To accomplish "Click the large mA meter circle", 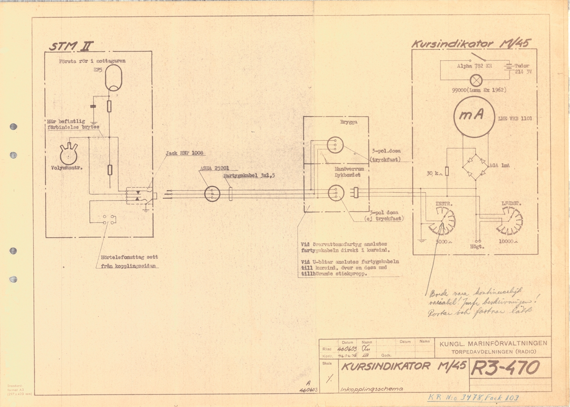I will [x=475, y=116].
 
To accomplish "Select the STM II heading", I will [x=72, y=46].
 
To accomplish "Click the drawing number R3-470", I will [x=505, y=368].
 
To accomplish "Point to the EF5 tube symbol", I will [x=113, y=78].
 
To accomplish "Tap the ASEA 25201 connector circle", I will [x=211, y=194].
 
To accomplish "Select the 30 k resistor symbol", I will [x=446, y=171].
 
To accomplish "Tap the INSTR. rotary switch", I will [x=443, y=221].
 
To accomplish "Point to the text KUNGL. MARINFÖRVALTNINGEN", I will [x=493, y=344].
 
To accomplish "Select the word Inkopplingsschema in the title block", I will [x=371, y=389].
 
